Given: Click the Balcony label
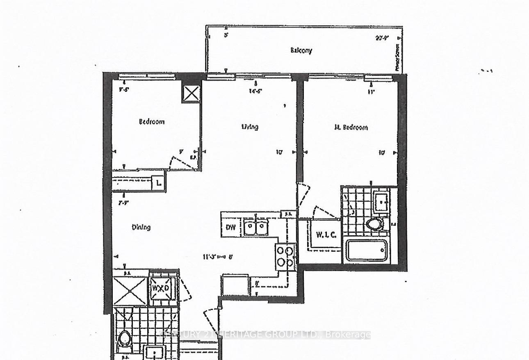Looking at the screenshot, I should tap(301, 50).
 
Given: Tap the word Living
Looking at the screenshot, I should tap(250, 127).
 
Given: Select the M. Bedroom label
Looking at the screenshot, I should tap(350, 127).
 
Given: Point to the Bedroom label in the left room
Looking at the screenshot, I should tap(151, 121).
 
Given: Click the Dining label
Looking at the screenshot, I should tap(141, 227).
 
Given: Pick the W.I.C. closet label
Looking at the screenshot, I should tap(326, 235).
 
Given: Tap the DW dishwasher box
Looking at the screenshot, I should tap(231, 227).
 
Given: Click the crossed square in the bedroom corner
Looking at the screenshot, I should tap(191, 94).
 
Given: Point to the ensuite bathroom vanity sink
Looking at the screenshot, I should tap(381, 201).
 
